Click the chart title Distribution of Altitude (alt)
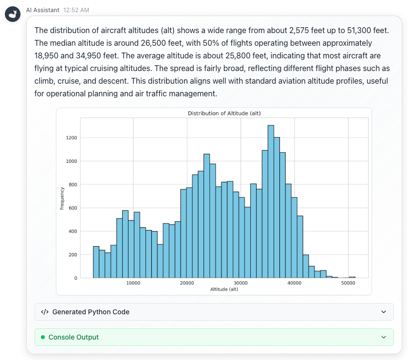(x=224, y=113)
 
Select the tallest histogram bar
(x=271, y=201)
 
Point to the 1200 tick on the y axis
(x=72, y=138)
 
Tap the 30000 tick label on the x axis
(x=241, y=283)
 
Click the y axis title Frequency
(x=62, y=198)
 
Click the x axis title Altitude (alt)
(x=224, y=289)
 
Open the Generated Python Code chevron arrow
(x=384, y=312)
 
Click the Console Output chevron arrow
(x=384, y=337)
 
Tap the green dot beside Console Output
(x=43, y=337)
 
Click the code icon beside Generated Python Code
(x=44, y=312)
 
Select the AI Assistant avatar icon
(x=13, y=14)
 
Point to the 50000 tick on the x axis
(x=348, y=283)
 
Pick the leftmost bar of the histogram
(x=96, y=262)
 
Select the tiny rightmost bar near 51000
(x=352, y=277)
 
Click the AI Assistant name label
(x=42, y=10)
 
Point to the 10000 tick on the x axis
(x=133, y=283)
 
